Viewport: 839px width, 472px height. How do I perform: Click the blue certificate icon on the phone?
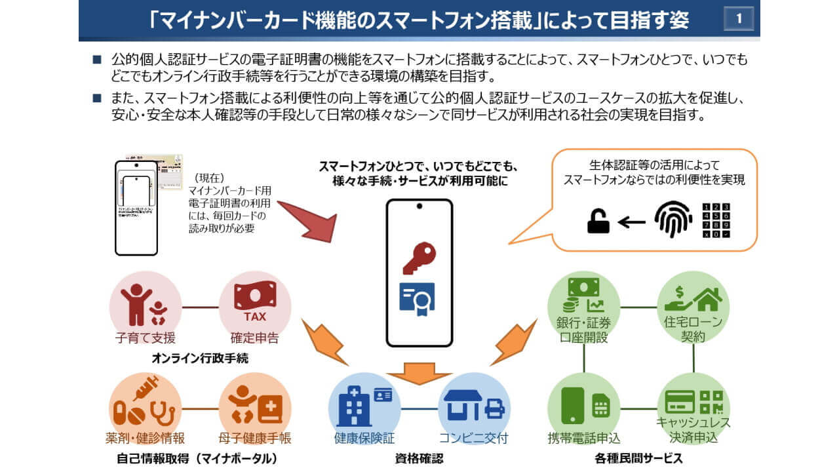pos(418,299)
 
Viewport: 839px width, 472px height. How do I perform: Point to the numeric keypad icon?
pos(716,220)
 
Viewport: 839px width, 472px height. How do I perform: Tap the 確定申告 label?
pos(254,338)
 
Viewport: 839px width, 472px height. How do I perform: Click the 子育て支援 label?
pos(146,338)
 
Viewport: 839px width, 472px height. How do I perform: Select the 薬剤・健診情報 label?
pos(145,438)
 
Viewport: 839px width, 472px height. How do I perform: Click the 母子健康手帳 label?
pos(255,438)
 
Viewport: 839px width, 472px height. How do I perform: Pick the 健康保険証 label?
pos(364,438)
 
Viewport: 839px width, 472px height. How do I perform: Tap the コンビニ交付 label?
pos(474,438)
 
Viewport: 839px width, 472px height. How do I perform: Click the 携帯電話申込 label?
pos(583,438)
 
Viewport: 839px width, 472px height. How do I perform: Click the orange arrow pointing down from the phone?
pos(419,374)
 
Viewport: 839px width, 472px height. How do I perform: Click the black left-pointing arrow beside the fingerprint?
pos(632,222)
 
